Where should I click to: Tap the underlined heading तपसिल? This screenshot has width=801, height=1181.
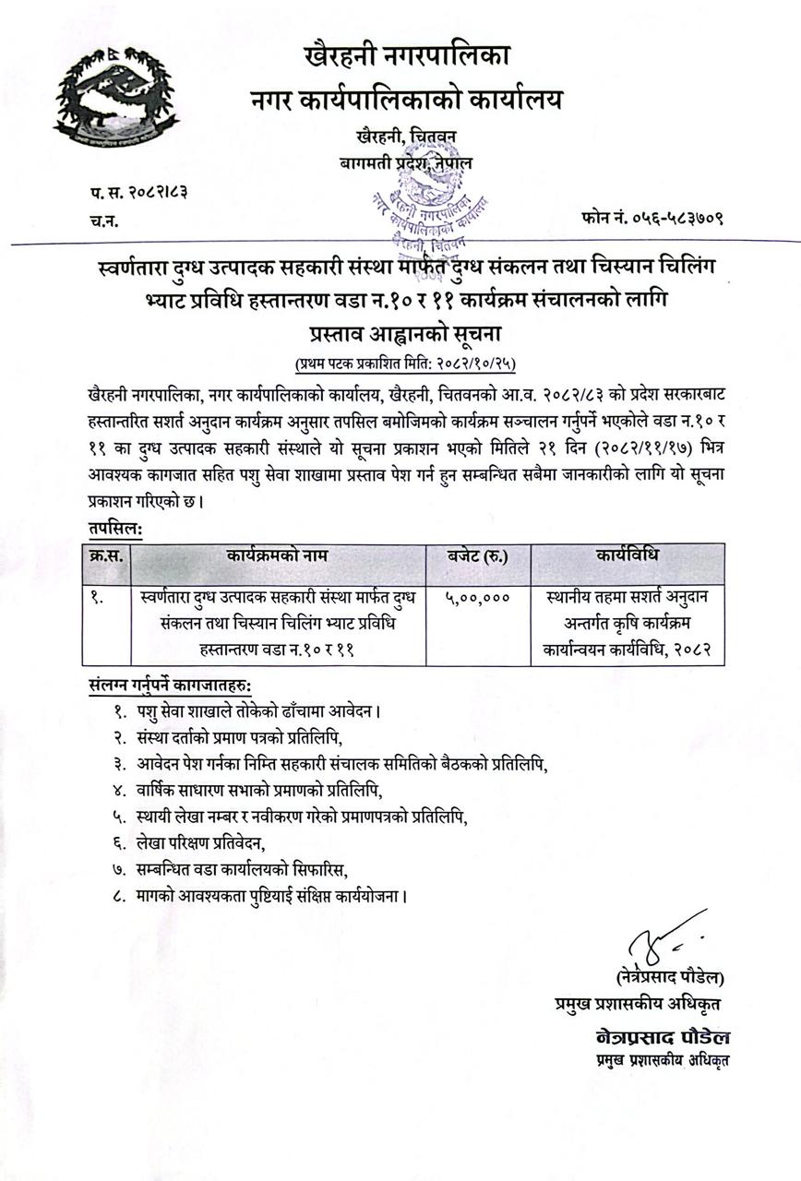pyautogui.click(x=116, y=528)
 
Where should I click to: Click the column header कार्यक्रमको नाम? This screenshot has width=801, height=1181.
pyautogui.click(x=277, y=556)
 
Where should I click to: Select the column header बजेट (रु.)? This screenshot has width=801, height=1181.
pyautogui.click(x=477, y=556)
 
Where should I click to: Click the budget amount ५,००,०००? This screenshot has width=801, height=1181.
pyautogui.click(x=477, y=599)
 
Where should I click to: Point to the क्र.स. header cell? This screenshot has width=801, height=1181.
pyautogui.click(x=105, y=556)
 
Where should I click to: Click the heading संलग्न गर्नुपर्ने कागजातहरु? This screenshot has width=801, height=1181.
pyautogui.click(x=173, y=687)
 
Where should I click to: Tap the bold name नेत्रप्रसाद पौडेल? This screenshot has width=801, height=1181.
pyautogui.click(x=663, y=1035)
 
